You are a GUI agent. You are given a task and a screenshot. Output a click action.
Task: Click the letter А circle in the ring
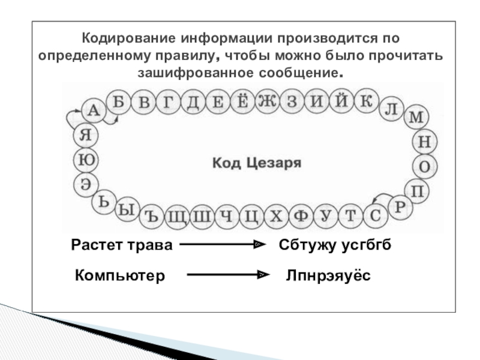(92, 110)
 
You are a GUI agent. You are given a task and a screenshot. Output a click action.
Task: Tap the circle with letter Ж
(266, 101)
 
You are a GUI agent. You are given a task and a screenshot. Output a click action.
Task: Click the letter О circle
(424, 166)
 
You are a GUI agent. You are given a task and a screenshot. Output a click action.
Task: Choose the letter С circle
(375, 215)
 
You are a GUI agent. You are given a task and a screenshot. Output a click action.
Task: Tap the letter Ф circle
(300, 216)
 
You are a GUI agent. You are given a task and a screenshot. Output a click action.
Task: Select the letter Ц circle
(251, 216)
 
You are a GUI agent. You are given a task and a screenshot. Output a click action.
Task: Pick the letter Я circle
(85, 135)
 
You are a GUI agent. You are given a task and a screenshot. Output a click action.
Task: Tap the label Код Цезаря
(256, 162)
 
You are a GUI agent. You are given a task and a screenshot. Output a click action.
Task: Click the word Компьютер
(119, 275)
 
